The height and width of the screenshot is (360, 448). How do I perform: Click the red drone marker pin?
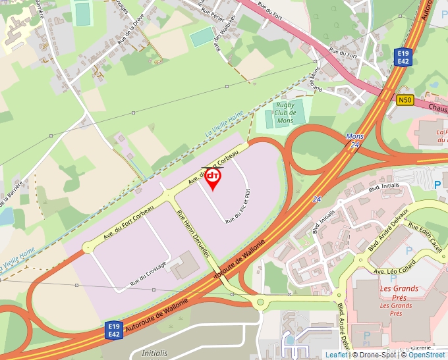213,178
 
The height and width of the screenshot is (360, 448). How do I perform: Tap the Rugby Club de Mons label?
285,113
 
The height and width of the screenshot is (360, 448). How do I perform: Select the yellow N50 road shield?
405,101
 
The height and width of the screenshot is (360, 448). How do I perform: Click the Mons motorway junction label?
354,136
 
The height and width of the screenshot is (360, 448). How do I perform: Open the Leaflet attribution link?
336,355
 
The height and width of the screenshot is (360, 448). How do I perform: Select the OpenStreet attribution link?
426,355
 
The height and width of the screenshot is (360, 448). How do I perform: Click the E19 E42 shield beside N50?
404,57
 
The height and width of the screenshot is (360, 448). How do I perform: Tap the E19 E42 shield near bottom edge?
115,330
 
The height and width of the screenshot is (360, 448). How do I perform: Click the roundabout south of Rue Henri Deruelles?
260,303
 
